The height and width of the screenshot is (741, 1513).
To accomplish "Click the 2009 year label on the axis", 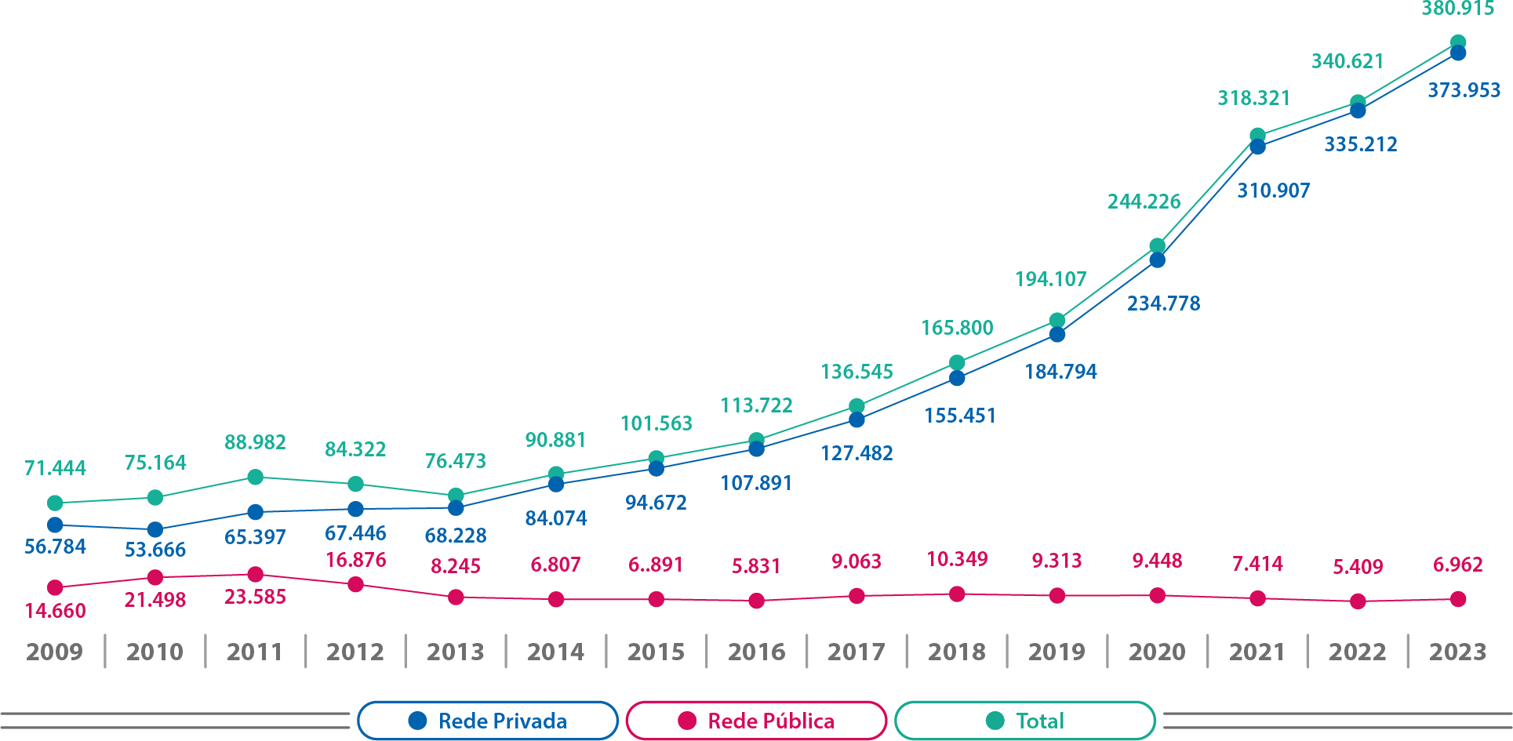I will tap(54, 652).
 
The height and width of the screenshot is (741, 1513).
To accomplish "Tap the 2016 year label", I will tap(756, 652).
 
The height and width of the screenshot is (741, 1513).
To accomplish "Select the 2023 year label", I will tap(1457, 652).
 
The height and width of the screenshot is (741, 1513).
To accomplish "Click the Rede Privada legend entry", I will tap(488, 721).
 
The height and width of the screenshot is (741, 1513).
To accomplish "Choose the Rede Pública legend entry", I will tap(756, 721).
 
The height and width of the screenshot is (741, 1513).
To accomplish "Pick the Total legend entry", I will tap(1024, 721).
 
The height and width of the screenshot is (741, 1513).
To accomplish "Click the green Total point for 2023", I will tap(1458, 42).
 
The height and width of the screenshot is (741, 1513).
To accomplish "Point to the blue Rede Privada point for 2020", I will tap(1157, 260).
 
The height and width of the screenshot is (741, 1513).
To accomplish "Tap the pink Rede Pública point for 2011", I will tap(255, 575).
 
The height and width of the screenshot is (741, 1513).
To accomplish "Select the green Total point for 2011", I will tap(255, 477).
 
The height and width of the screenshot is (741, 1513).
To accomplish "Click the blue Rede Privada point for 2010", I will tap(155, 530).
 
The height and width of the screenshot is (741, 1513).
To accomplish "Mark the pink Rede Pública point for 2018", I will tap(957, 594).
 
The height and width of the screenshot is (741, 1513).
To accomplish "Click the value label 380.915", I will tap(1458, 9).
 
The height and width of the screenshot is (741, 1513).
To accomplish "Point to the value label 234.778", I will tap(1163, 303).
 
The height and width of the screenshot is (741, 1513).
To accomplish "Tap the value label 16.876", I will tap(355, 560).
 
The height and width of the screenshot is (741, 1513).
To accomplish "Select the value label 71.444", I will tap(55, 468).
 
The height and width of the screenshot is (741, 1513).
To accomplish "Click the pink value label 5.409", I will tap(1358, 566).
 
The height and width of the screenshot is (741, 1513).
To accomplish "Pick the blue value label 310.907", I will tap(1273, 191).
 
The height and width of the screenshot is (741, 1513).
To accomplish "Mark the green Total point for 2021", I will tap(1257, 136).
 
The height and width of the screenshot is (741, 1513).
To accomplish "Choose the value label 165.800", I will tap(957, 328).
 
